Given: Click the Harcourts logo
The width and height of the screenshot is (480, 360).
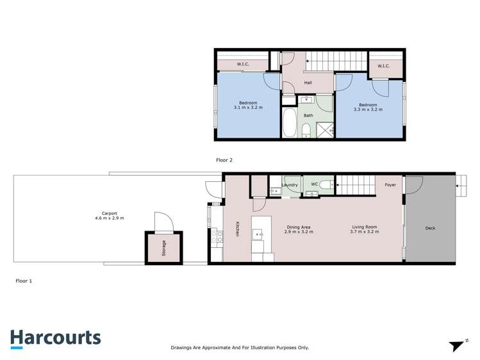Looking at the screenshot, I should coord(55,338).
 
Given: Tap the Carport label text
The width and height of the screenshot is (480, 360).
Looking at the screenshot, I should coord(109,216).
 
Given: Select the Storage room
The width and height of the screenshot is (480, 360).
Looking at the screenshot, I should coord(163,247).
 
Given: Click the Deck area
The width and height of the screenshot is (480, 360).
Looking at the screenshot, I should coord(430,228).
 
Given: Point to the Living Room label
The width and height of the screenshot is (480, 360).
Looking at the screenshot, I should coord(365,229).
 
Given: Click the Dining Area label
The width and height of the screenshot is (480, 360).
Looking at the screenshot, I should coord(299,229).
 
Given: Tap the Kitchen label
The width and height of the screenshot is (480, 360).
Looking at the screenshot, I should coord(238,229).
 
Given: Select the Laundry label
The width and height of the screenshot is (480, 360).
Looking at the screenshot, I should coord(290,185).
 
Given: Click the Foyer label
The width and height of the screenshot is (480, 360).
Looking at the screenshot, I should coord(390,185).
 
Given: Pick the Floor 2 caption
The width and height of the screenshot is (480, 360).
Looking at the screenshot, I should coord(225,160).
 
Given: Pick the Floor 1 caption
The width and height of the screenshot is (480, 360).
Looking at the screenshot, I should coord(23,281).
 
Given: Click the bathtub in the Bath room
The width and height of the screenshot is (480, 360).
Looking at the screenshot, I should coord(289,122).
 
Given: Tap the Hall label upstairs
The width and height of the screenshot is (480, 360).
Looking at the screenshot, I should coord(308,83).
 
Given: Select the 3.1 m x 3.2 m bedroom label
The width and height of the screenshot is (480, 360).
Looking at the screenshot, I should coord(248,106).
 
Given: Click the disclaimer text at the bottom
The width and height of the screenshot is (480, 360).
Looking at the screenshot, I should coord(240,347).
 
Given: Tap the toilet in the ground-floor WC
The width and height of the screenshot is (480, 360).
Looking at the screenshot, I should coord(326,186).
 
